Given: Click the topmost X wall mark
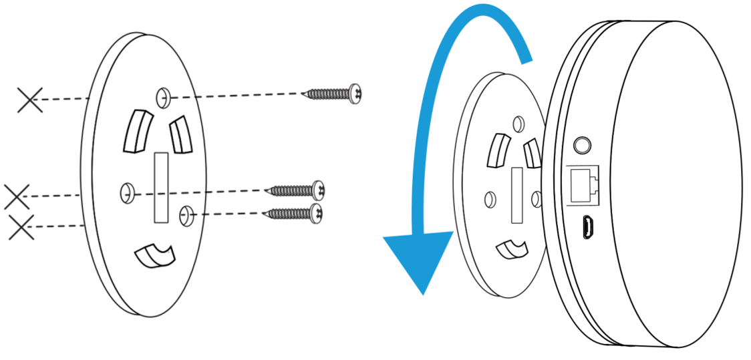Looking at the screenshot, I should [x=29, y=100].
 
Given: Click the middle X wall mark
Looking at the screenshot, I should [x=16, y=196].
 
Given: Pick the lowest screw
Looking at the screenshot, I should [x=294, y=214].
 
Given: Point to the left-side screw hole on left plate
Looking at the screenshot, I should [x=127, y=193].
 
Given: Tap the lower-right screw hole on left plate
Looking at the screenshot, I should [x=186, y=214].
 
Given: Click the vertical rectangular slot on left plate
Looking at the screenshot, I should [x=162, y=188].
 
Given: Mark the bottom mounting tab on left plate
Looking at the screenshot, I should [x=154, y=254].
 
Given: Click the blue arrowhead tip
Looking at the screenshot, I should [x=422, y=291].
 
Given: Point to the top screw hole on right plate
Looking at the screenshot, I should [x=517, y=123].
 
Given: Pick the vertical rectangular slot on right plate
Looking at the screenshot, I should [x=517, y=195].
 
